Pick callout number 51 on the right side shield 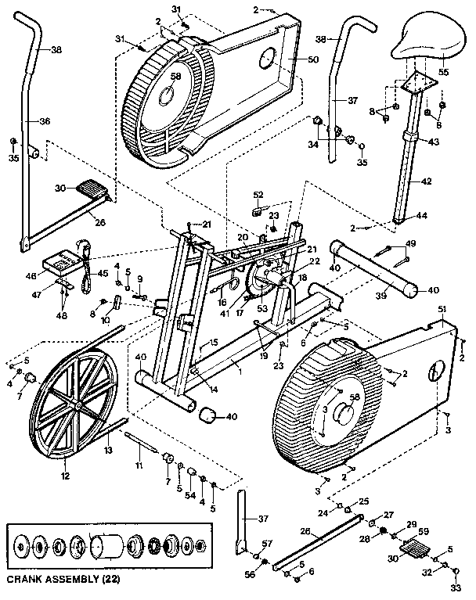(x=442, y=310)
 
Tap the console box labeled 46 (x=59, y=260)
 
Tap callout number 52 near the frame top (x=258, y=196)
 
